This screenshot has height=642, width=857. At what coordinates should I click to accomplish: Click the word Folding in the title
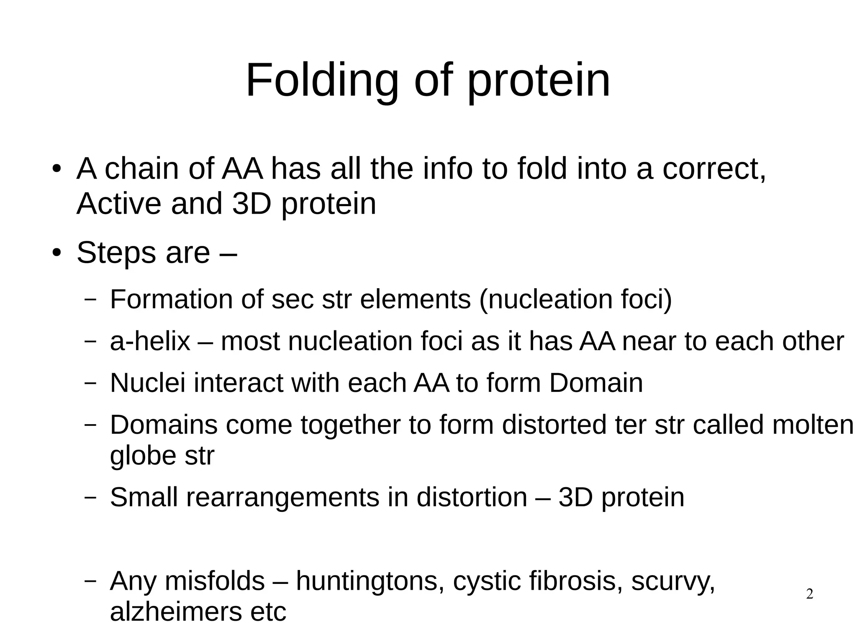pos(322,81)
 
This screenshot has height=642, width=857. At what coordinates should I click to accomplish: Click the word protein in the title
pos(539,81)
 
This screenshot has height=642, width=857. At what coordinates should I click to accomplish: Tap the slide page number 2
pos(809,594)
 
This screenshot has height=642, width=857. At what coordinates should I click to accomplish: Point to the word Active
pos(119,204)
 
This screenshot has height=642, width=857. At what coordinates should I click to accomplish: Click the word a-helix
pos(150,341)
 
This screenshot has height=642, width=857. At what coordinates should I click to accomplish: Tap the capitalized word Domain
pos(595,383)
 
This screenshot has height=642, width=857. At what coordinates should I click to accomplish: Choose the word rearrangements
pos(282,498)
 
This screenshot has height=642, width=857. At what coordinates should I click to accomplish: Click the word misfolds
pos(215,581)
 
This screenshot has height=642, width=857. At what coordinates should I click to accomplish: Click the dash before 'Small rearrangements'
pos(90,498)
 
